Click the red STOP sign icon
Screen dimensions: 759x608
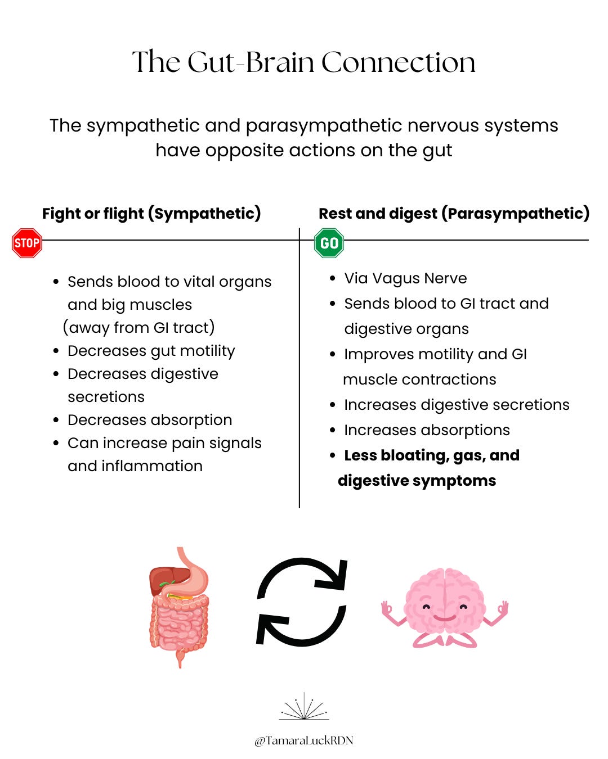coord(27,243)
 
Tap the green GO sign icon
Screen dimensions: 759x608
coord(329,243)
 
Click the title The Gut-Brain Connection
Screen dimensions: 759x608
coord(304,62)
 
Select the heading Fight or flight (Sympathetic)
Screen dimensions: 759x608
coord(151,214)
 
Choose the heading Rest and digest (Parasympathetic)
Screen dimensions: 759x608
coord(454,214)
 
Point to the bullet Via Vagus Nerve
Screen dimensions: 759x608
coord(405,278)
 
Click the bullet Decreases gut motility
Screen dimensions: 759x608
coord(151,351)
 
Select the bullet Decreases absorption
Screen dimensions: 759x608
coord(150,420)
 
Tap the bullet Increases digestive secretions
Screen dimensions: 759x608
coord(457,405)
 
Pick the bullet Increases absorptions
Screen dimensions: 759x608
coord(427,430)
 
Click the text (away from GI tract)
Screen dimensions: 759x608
coord(139,327)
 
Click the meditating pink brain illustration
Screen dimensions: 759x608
coord(445,607)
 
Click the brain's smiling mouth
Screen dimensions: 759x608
coord(445,617)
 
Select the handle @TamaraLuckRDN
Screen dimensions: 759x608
coord(304,740)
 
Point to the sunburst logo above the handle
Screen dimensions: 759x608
coord(304,707)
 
